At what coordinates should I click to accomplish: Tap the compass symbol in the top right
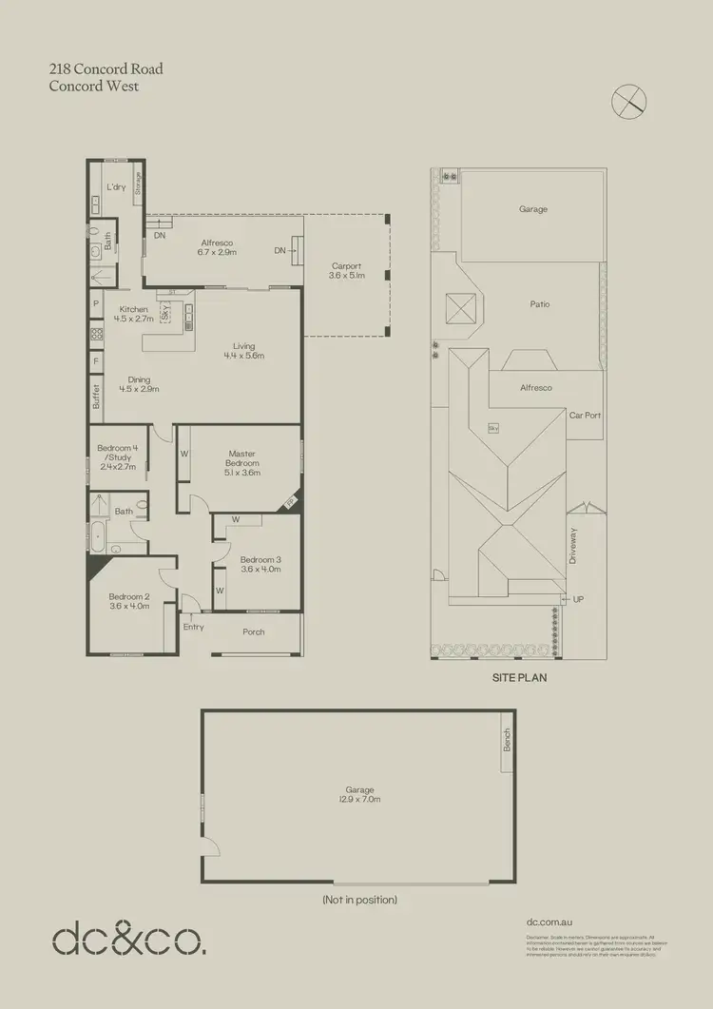click(x=627, y=101)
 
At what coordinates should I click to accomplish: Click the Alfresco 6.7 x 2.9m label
click(x=217, y=247)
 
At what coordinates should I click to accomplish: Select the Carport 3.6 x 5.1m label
click(x=346, y=271)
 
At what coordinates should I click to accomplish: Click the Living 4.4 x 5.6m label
click(x=243, y=351)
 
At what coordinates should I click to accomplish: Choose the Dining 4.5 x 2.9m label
click(x=139, y=384)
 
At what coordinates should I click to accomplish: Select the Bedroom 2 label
click(x=129, y=601)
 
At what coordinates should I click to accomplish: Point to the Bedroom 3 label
click(x=260, y=565)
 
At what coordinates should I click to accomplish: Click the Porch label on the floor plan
click(x=254, y=632)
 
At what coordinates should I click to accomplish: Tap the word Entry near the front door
click(x=193, y=628)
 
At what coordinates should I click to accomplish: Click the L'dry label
click(x=116, y=187)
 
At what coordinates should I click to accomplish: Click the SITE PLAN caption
click(x=519, y=680)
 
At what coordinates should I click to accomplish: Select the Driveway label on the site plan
click(x=573, y=547)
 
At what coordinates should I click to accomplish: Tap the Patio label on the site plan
click(x=540, y=304)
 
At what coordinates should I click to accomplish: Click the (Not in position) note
click(x=358, y=900)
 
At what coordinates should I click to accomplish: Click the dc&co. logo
click(x=127, y=940)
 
